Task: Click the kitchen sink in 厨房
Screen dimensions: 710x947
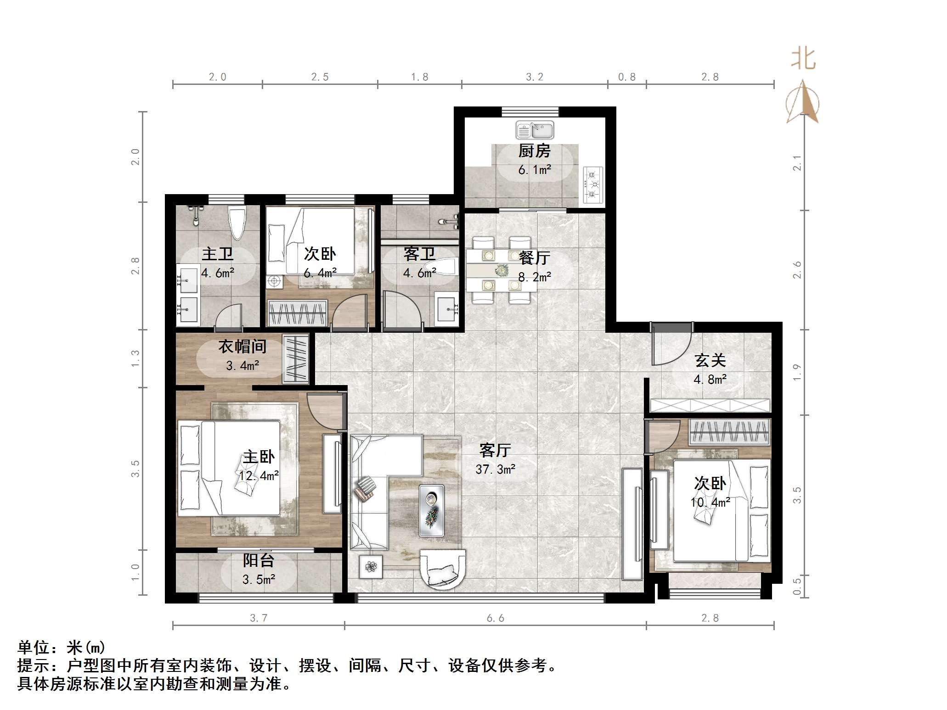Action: (535, 130)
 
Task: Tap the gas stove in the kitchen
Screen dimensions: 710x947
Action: (592, 185)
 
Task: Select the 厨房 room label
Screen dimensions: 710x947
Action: (534, 151)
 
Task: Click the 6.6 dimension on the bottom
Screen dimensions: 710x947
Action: (495, 618)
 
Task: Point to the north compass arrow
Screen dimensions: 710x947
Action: (802, 102)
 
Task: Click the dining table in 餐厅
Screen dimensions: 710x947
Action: (501, 270)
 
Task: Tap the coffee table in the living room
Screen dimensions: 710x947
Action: (431, 510)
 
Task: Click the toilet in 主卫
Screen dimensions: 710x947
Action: (237, 224)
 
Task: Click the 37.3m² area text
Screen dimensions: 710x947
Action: (495, 469)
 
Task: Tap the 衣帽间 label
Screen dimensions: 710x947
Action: (242, 347)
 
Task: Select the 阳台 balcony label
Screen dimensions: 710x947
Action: (259, 560)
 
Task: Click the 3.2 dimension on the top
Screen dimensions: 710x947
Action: (534, 77)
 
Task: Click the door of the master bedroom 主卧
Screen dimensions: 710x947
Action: (325, 411)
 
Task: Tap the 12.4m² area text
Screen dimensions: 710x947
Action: (259, 476)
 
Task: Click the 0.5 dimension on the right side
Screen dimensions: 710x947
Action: (797, 586)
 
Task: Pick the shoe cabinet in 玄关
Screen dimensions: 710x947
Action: (710, 406)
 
